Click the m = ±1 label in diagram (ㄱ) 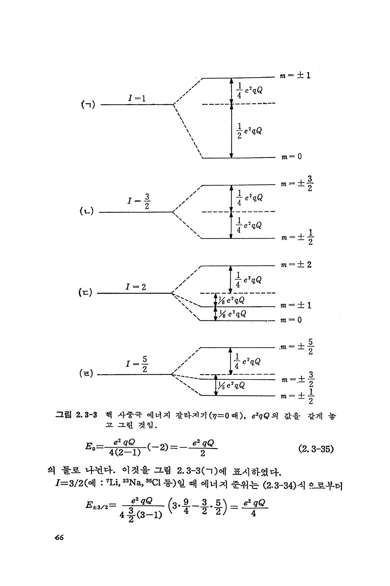click(x=295, y=76)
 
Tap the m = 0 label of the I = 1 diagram click(x=291, y=157)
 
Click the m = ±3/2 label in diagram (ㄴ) click(x=297, y=184)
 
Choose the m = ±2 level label click(x=296, y=265)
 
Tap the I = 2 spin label click(x=136, y=287)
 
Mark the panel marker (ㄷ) click(x=85, y=293)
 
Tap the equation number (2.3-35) click(x=316, y=449)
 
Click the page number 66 click(x=59, y=537)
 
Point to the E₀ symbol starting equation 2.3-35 click(x=90, y=446)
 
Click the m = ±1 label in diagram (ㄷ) click(x=296, y=305)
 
